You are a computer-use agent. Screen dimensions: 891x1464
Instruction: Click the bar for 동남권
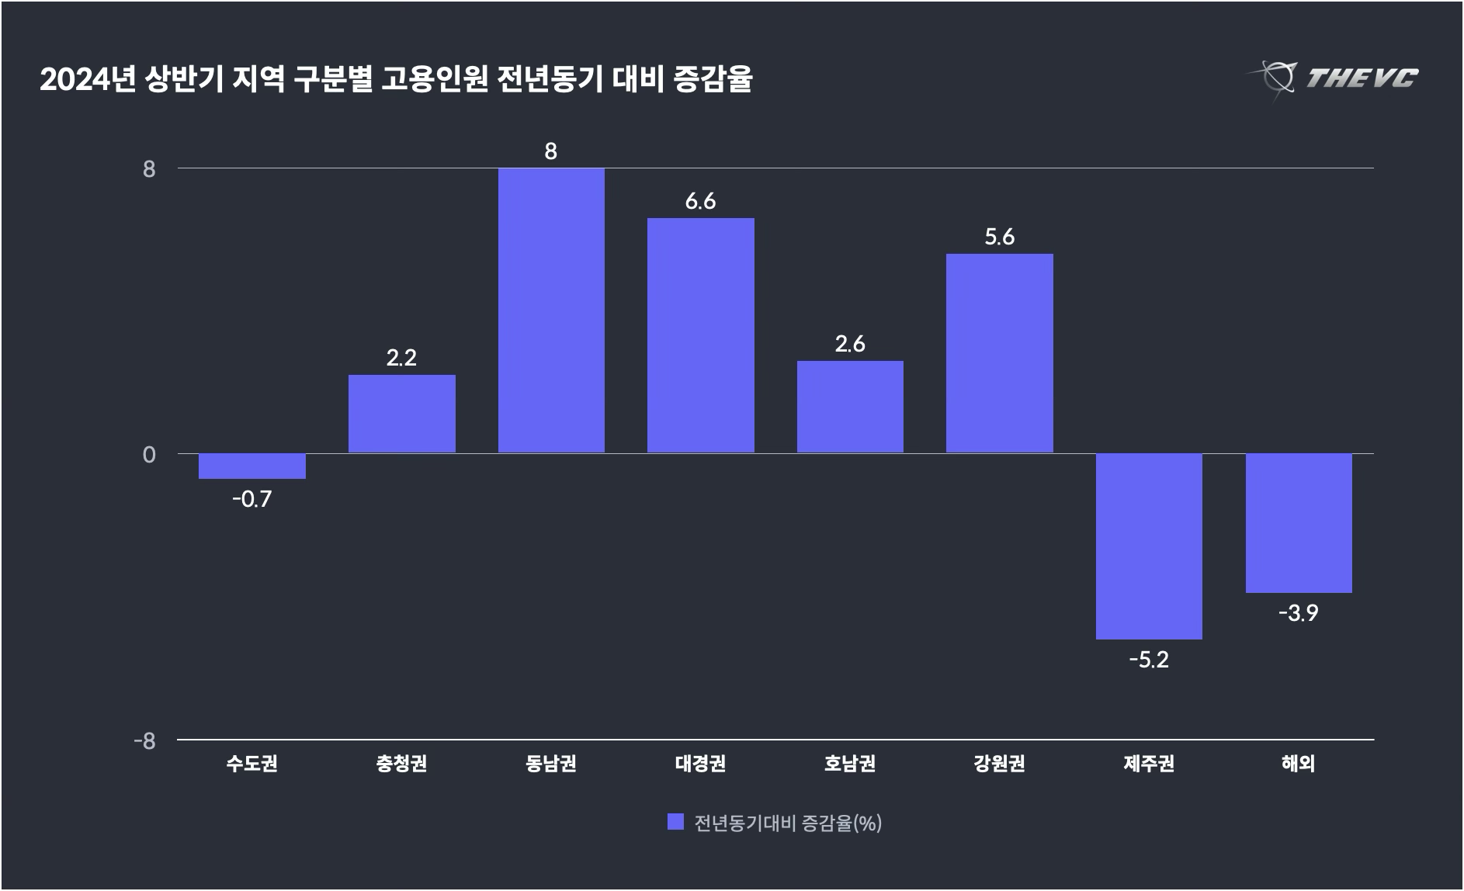(551, 310)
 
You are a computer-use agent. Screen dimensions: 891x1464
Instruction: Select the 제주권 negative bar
(1149, 546)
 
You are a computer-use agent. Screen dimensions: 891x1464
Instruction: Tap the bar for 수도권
(252, 466)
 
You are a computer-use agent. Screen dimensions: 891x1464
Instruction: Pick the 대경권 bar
(701, 335)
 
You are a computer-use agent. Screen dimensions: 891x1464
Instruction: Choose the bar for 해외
(1299, 523)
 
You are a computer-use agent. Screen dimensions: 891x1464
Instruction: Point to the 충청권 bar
(402, 414)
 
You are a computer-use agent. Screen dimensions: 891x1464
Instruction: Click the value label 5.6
(1000, 237)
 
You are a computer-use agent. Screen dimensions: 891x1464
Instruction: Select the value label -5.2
(1149, 660)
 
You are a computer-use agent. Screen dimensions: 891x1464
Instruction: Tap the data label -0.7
(252, 499)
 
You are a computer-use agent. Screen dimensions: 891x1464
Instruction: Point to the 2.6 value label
(850, 344)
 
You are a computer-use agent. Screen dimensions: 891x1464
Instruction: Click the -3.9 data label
(1299, 614)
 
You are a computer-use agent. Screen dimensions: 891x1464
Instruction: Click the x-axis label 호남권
(850, 764)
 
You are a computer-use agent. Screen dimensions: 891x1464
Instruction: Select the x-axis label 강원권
(1000, 764)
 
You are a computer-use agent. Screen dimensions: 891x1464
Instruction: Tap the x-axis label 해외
(1299, 764)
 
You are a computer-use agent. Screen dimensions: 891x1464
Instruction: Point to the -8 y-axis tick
(145, 740)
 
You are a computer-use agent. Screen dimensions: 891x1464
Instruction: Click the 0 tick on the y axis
(149, 454)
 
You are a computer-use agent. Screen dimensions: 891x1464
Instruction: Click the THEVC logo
(1334, 78)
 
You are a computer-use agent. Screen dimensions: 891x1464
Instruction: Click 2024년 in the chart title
(88, 80)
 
